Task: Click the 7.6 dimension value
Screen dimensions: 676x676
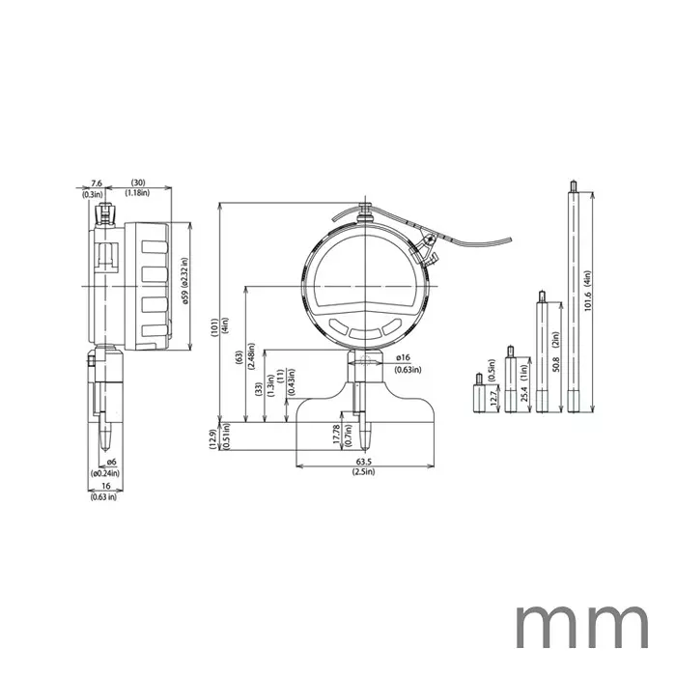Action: [96, 183]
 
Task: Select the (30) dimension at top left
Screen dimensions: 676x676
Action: [139, 183]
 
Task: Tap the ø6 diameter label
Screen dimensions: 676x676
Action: [111, 462]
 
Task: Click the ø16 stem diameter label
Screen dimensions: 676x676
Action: [404, 357]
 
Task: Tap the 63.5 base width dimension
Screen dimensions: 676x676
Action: [363, 462]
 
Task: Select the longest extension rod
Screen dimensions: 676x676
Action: [574, 299]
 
